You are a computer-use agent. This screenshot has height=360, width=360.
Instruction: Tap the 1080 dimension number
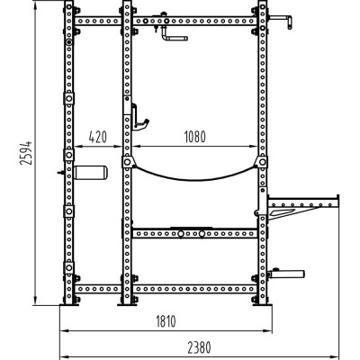192,137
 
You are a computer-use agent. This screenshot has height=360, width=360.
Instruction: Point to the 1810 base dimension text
163,321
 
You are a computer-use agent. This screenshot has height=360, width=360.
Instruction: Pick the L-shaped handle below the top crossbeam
173,36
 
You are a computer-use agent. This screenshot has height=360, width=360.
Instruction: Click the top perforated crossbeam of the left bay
97,20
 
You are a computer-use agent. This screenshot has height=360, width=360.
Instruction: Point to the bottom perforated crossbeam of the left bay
97,290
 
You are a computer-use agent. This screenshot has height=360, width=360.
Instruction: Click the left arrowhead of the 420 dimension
75,147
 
